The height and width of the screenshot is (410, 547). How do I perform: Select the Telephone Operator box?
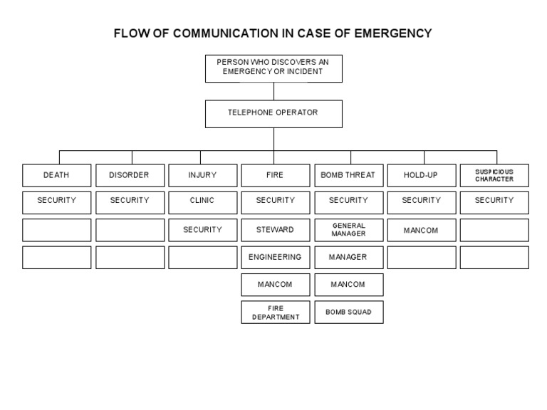pyautogui.click(x=273, y=113)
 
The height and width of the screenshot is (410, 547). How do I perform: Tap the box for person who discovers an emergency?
pyautogui.click(x=273, y=68)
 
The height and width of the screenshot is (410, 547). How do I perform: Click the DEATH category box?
pyautogui.click(x=56, y=175)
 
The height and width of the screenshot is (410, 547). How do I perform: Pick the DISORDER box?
pyautogui.click(x=130, y=175)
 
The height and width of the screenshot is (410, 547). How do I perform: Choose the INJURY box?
pyautogui.click(x=202, y=175)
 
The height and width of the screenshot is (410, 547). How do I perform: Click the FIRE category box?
pyautogui.click(x=275, y=175)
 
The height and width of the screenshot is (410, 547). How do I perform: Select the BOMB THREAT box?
pyautogui.click(x=348, y=175)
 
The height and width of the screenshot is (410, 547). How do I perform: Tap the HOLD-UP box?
pyautogui.click(x=421, y=175)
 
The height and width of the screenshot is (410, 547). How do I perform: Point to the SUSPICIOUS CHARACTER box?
pyautogui.click(x=494, y=175)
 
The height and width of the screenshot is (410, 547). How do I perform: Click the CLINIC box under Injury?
pyautogui.click(x=202, y=201)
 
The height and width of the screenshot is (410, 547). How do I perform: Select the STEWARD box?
pyautogui.click(x=275, y=230)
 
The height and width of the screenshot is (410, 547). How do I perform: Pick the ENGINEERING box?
pyautogui.click(x=275, y=257)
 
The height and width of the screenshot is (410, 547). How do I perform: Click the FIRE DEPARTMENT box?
pyautogui.click(x=275, y=312)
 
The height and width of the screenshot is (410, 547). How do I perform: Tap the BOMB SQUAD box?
pyautogui.click(x=348, y=312)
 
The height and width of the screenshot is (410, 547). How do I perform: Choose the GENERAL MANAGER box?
pyautogui.click(x=348, y=230)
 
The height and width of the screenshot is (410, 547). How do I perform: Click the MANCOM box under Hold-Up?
pyautogui.click(x=421, y=230)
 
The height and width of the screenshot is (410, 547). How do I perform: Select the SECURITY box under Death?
pyautogui.click(x=56, y=201)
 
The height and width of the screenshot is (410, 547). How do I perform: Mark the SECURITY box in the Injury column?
pyautogui.click(x=202, y=230)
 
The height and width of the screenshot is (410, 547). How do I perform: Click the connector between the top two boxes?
pyautogui.click(x=273, y=91)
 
